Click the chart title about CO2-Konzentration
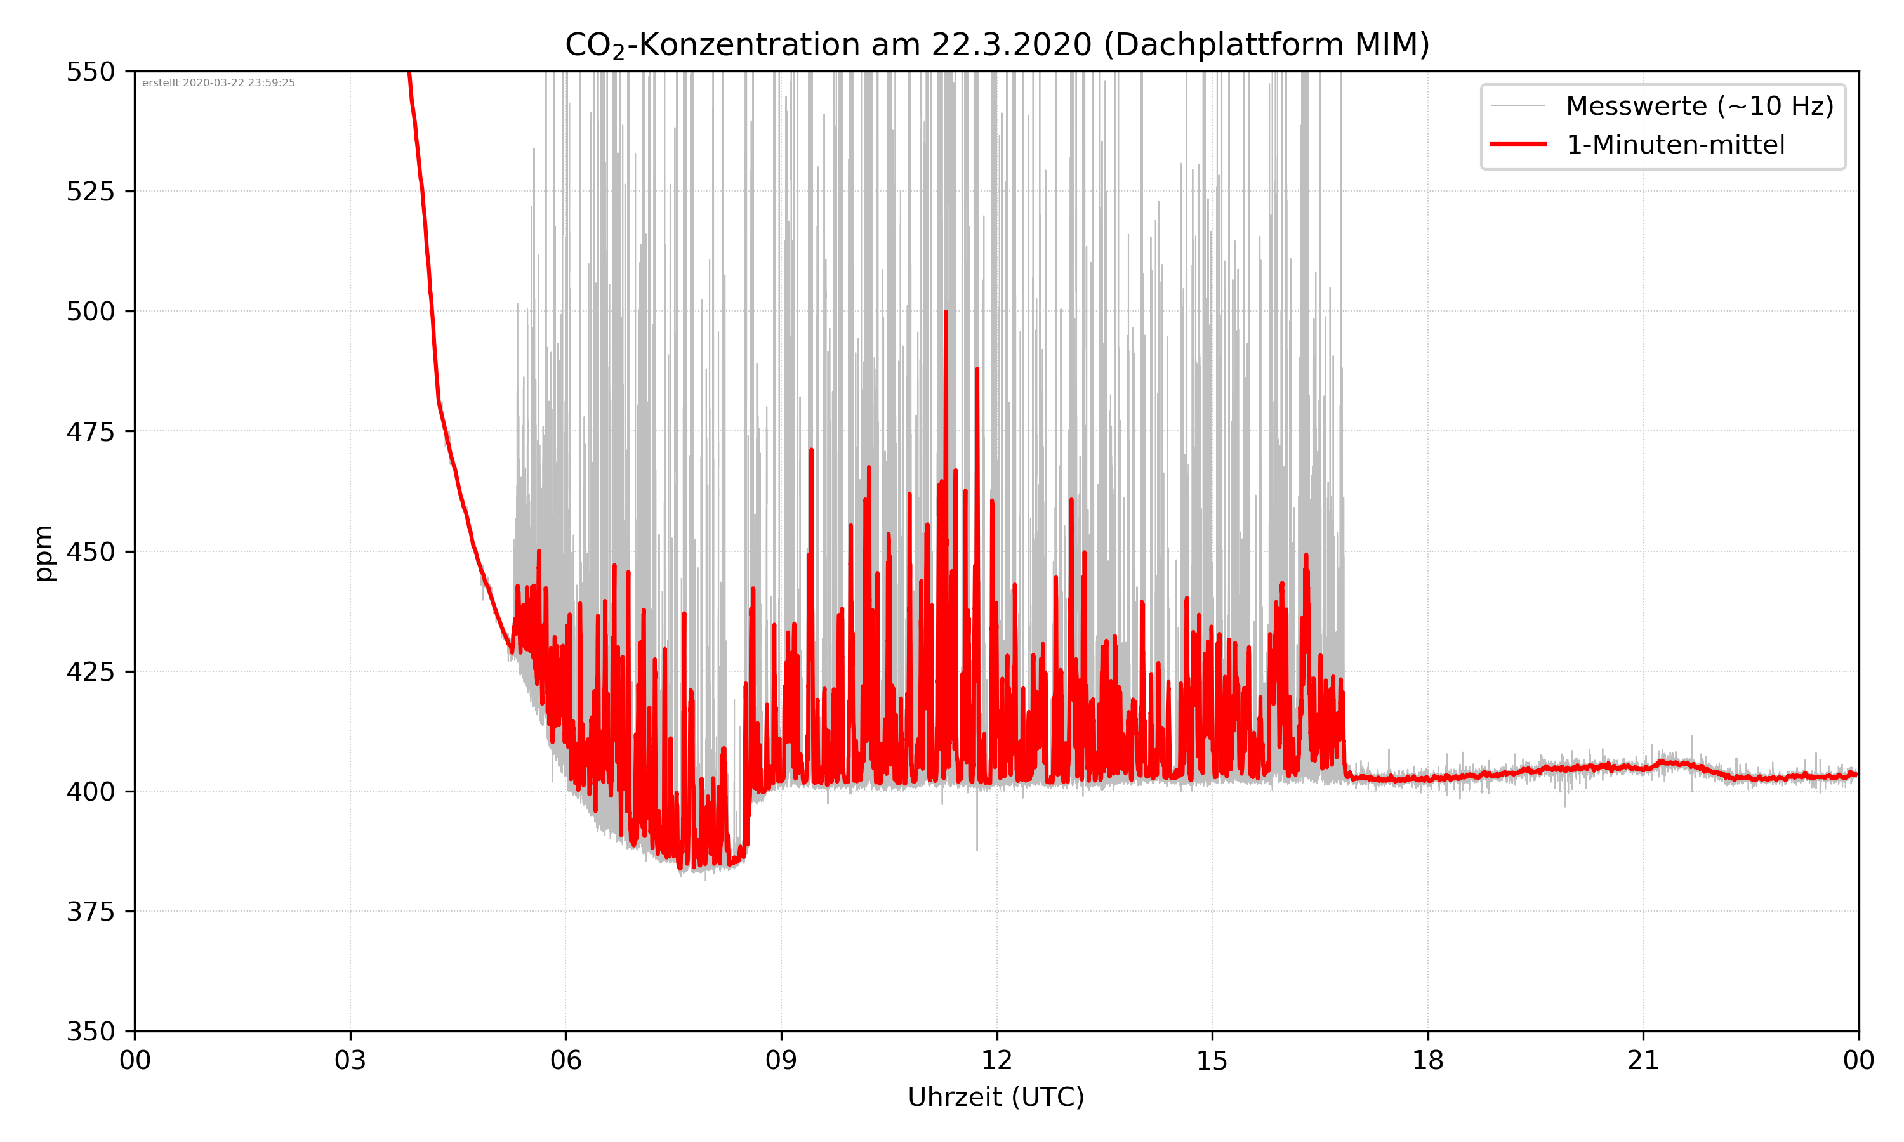996,44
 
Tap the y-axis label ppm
44,553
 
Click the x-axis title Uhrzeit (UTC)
996,1096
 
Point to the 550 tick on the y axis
90,72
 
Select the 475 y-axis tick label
90,431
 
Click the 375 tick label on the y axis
90,912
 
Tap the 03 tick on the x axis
350,1060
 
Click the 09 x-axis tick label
781,1060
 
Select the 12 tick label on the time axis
996,1060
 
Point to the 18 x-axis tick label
1427,1060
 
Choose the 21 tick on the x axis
1643,1060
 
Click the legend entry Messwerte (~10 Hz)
1699,106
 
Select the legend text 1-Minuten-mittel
1676,145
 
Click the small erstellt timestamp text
218,83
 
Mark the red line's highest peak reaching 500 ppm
946,312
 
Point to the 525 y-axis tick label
90,192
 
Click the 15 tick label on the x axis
1212,1060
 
